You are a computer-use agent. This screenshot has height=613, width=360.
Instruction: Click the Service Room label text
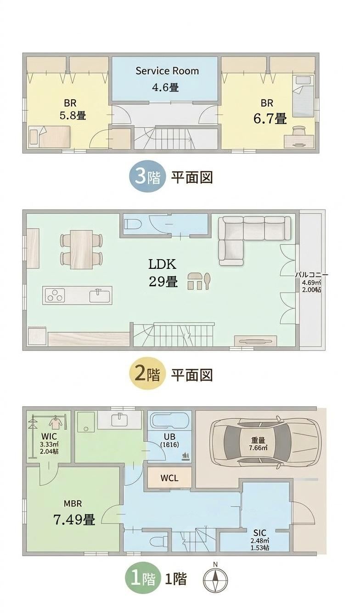click(x=167, y=71)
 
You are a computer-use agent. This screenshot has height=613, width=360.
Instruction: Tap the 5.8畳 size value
click(x=73, y=115)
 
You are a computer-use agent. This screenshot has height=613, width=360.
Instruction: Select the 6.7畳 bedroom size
click(x=270, y=119)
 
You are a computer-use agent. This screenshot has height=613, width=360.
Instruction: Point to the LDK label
click(x=162, y=264)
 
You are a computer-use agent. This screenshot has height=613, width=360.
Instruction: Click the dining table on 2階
click(x=82, y=250)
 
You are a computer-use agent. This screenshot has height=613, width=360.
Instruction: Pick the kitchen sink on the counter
click(x=100, y=295)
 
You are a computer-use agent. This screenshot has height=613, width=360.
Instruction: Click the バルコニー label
click(x=311, y=275)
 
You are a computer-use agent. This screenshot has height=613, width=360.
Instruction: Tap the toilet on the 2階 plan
click(x=133, y=224)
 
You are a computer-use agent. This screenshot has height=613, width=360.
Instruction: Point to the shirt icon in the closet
click(x=56, y=422)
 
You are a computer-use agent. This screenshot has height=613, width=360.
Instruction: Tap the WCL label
click(x=169, y=478)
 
